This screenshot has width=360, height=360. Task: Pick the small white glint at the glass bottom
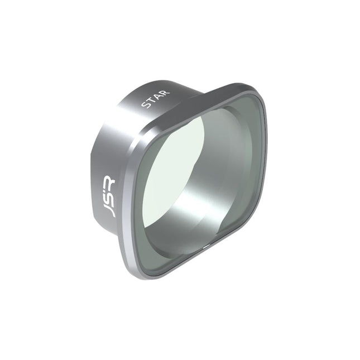tap(206, 245)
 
